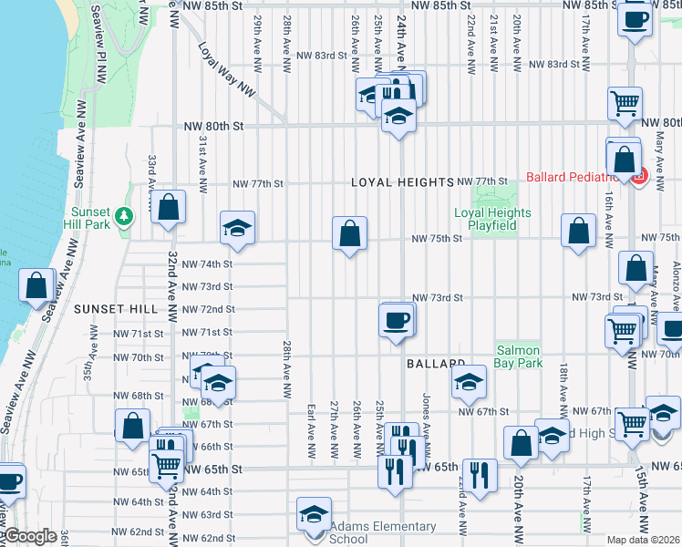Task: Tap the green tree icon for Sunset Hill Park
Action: click(x=129, y=216)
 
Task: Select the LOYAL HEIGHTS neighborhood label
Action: click(x=402, y=182)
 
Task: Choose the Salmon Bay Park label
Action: click(x=519, y=356)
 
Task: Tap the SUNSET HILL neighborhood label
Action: click(x=117, y=309)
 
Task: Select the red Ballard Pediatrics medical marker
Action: click(x=639, y=176)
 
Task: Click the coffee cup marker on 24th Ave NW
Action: click(x=397, y=321)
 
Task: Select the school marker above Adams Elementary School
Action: click(x=314, y=514)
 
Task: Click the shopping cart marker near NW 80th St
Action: click(x=625, y=105)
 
